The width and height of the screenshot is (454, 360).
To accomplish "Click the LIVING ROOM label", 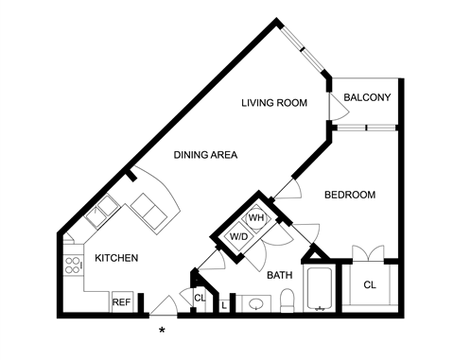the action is (274, 103).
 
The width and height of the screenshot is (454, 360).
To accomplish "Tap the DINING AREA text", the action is (205, 155).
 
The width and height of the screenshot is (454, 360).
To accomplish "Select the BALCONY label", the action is (367, 97).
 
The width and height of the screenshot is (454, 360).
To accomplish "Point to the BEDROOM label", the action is (350, 195).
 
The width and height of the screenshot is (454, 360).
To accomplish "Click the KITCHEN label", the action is (116, 258).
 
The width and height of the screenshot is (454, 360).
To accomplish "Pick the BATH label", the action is (280, 275).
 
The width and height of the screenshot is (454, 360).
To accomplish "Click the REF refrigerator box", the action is (121, 301).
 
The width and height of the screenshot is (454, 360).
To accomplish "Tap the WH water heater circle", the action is (256, 218).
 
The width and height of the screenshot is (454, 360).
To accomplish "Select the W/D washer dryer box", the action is (239, 236).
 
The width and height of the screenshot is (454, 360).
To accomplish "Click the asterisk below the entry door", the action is (162, 331).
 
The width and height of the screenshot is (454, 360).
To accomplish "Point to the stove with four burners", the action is (73, 266).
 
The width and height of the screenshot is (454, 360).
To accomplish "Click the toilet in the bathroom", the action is (287, 300).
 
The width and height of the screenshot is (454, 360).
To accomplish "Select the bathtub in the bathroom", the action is (319, 289).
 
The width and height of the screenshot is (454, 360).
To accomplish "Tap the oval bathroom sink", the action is (255, 304).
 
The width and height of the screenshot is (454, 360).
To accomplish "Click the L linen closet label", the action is (224, 305).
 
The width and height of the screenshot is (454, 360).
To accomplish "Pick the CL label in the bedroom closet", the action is (370, 285).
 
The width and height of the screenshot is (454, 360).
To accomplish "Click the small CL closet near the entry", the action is (200, 298).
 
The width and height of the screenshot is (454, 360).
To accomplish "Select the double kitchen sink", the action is (102, 211).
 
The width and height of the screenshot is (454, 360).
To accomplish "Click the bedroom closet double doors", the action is (368, 252).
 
